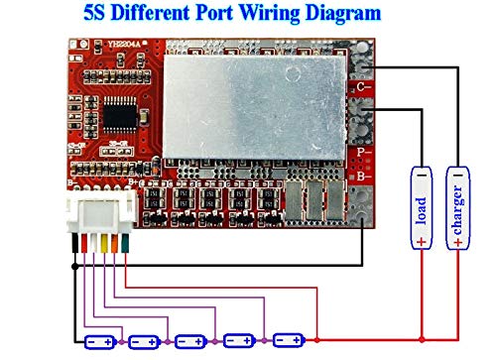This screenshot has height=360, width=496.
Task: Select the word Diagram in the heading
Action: tap(337, 14)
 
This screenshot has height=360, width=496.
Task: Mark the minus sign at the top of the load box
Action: tap(421, 175)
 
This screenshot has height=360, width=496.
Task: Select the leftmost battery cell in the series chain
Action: tap(99, 342)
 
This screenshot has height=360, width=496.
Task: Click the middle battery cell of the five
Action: tap(193, 342)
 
